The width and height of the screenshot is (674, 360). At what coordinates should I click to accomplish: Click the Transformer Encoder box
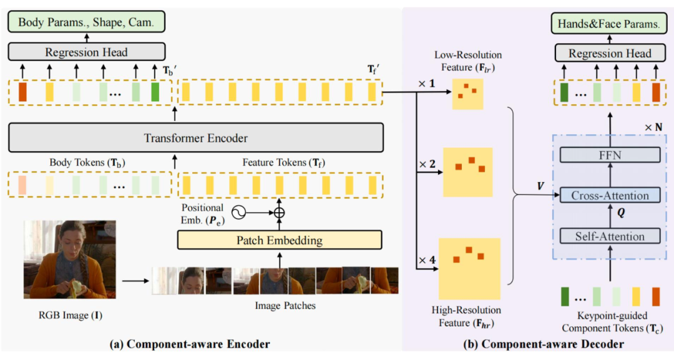[195, 138]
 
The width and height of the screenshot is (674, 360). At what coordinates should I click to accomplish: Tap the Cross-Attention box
[610, 195]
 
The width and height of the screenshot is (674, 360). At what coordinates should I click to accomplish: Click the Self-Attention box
[610, 236]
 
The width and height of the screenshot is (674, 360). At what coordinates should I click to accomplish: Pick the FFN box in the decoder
[610, 155]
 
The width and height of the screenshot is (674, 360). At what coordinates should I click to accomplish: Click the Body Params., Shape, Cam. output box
[86, 23]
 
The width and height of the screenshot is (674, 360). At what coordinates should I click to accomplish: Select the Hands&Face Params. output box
[610, 24]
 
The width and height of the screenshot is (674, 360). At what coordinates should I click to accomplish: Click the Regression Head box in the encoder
[86, 52]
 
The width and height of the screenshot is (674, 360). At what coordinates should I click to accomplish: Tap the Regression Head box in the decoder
[610, 54]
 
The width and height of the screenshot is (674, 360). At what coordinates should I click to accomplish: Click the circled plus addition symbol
[279, 212]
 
